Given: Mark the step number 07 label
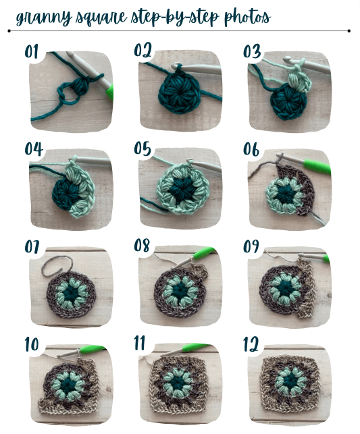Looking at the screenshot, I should [x=33, y=246].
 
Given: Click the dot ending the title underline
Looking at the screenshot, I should [x=349, y=31].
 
